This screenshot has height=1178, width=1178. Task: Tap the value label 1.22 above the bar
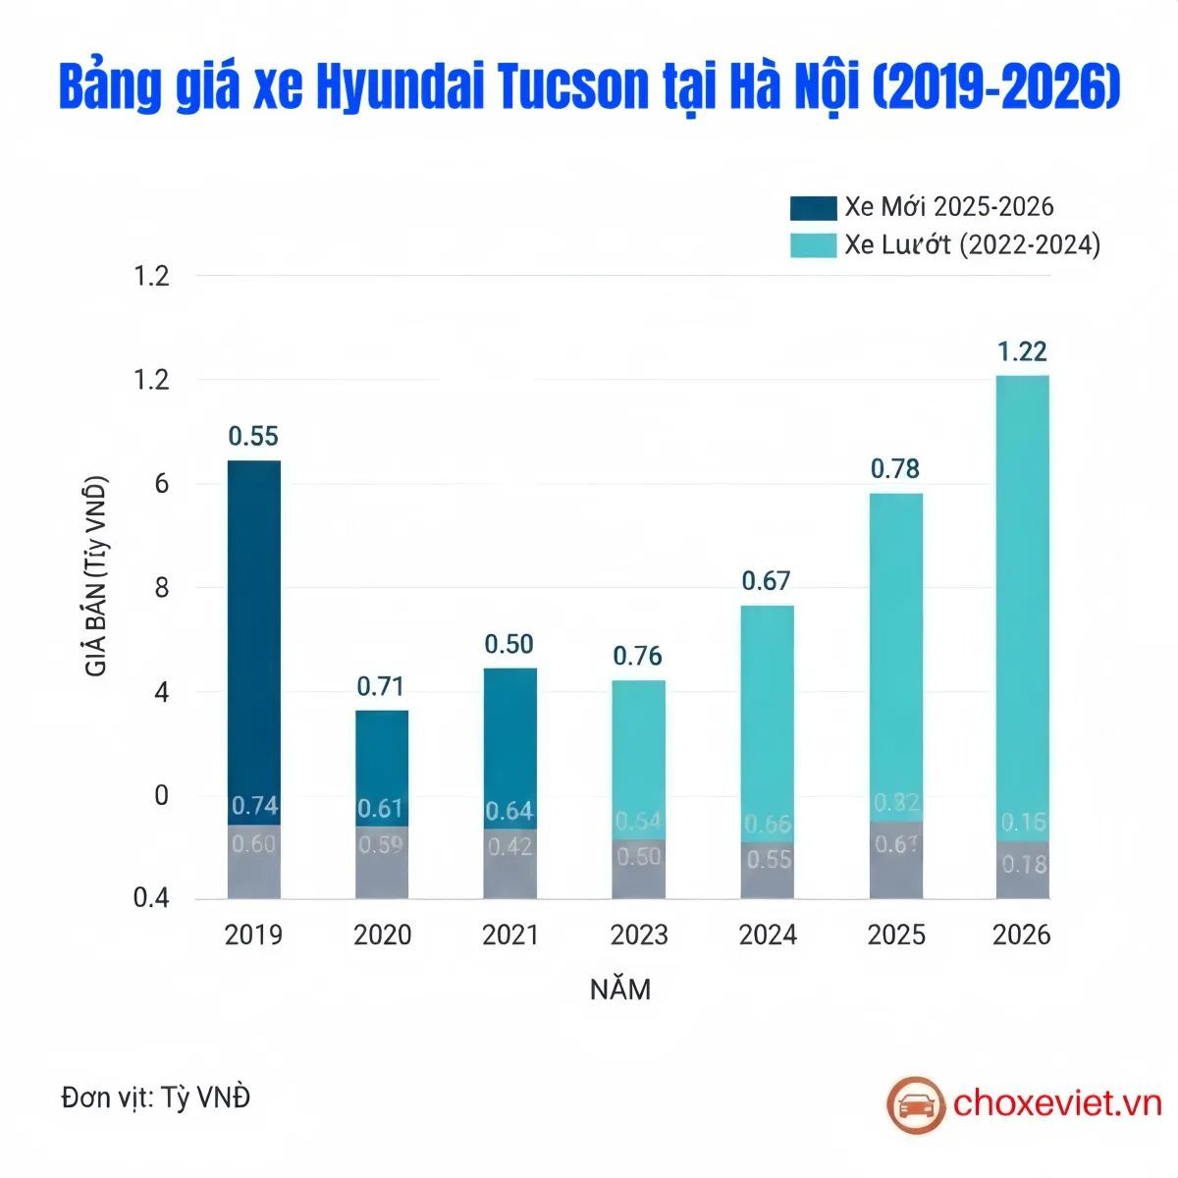pyautogui.click(x=1022, y=351)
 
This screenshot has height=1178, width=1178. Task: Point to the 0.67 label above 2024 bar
pyautogui.click(x=766, y=581)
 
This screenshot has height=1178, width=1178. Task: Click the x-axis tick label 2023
pyautogui.click(x=639, y=935)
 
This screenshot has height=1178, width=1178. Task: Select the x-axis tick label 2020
pyautogui.click(x=382, y=935)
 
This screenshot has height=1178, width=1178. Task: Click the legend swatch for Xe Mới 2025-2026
pyautogui.click(x=813, y=207)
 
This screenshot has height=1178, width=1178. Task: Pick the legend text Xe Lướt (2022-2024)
pyautogui.click(x=972, y=244)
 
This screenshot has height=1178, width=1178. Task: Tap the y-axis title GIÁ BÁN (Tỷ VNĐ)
pyautogui.click(x=96, y=576)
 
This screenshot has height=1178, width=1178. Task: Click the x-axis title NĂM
pyautogui.click(x=620, y=990)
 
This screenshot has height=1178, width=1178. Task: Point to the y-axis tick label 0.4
pyautogui.click(x=151, y=898)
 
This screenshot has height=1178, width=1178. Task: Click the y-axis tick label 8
pyautogui.click(x=162, y=588)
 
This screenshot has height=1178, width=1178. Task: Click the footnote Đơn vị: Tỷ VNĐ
pyautogui.click(x=155, y=1097)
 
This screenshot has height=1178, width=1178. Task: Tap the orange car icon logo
pyautogui.click(x=915, y=1104)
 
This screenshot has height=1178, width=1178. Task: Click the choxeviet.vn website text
pyautogui.click(x=1057, y=1103)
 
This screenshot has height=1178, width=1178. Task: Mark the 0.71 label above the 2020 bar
pyautogui.click(x=380, y=686)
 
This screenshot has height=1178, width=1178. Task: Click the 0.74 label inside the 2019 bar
pyautogui.click(x=254, y=806)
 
